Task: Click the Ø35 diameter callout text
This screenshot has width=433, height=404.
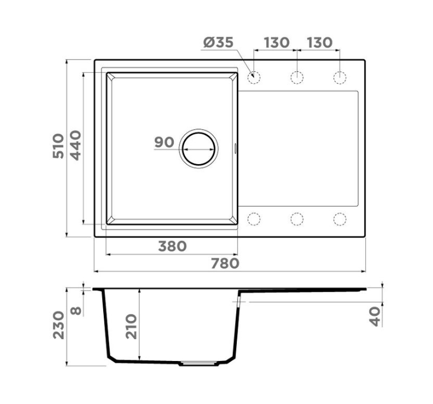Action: (219, 42)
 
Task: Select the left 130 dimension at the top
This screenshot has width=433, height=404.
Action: (276, 42)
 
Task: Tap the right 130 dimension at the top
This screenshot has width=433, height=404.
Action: (319, 42)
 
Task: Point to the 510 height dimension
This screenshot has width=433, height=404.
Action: (58, 146)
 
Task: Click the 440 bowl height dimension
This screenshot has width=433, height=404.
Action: (76, 145)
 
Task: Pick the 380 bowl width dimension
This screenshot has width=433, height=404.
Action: (172, 246)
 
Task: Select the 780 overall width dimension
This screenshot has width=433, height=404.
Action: (225, 263)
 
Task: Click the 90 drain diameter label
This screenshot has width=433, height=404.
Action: (164, 142)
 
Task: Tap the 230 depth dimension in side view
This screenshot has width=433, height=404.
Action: (58, 325)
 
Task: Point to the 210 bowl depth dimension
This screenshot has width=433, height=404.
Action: (131, 327)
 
